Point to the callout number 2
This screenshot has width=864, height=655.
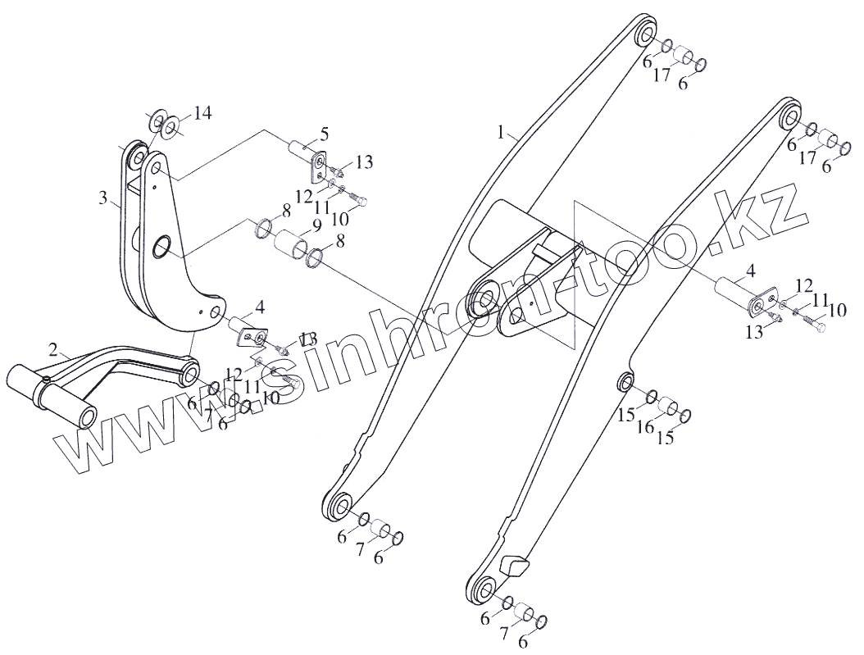[x=53, y=350]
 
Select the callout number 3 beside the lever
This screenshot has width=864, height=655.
[x=103, y=198]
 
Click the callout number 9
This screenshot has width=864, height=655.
[x=293, y=227]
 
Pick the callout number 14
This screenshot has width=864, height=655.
[x=202, y=113]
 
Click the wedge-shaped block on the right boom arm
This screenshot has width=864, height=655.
[x=512, y=566]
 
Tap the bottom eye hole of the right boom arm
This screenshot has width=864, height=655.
[x=484, y=590]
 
